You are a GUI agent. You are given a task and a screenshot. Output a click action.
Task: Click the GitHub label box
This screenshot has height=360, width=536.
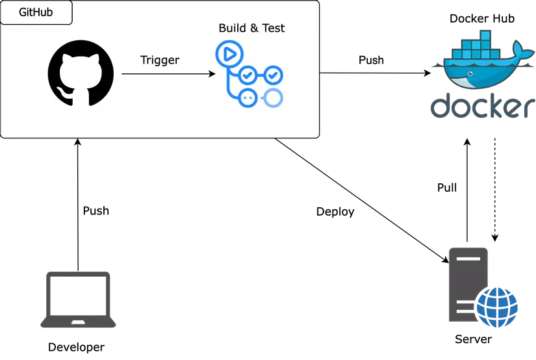tap(36, 12)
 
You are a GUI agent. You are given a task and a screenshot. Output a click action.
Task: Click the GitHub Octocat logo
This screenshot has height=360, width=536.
tap(81, 73)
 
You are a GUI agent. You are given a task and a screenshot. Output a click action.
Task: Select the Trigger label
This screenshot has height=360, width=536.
tap(160, 60)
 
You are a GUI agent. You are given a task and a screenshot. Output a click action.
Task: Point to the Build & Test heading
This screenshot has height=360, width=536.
tap(251, 28)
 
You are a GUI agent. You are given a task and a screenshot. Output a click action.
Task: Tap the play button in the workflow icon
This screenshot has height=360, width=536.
tap(229, 54)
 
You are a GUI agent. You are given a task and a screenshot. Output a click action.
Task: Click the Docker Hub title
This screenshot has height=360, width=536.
tap(482, 18)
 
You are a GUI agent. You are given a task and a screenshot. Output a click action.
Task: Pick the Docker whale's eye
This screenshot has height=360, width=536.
tap(470, 73)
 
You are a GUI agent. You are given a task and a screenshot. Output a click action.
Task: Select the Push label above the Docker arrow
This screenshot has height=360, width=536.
tap(371, 60)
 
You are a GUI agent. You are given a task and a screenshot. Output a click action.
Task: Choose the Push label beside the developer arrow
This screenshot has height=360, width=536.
tap(96, 211)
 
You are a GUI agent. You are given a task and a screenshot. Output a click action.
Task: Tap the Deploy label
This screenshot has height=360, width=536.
tap(335, 212)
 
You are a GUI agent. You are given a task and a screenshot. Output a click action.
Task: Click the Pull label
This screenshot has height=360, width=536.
tap(447, 188)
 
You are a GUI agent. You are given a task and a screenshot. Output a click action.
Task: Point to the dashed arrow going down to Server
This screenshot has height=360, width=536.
tap(495, 190)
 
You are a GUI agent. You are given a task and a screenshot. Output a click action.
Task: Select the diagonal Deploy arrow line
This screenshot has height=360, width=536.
tap(362, 201)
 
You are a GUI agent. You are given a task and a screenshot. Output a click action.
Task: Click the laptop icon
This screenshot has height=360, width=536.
tap(78, 300)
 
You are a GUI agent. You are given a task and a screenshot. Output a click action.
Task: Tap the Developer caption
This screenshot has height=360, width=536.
tap(76, 348)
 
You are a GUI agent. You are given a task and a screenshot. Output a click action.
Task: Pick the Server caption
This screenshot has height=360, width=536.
tap(474, 339)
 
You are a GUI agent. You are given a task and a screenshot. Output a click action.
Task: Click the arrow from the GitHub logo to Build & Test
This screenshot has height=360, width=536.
tap(168, 73)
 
